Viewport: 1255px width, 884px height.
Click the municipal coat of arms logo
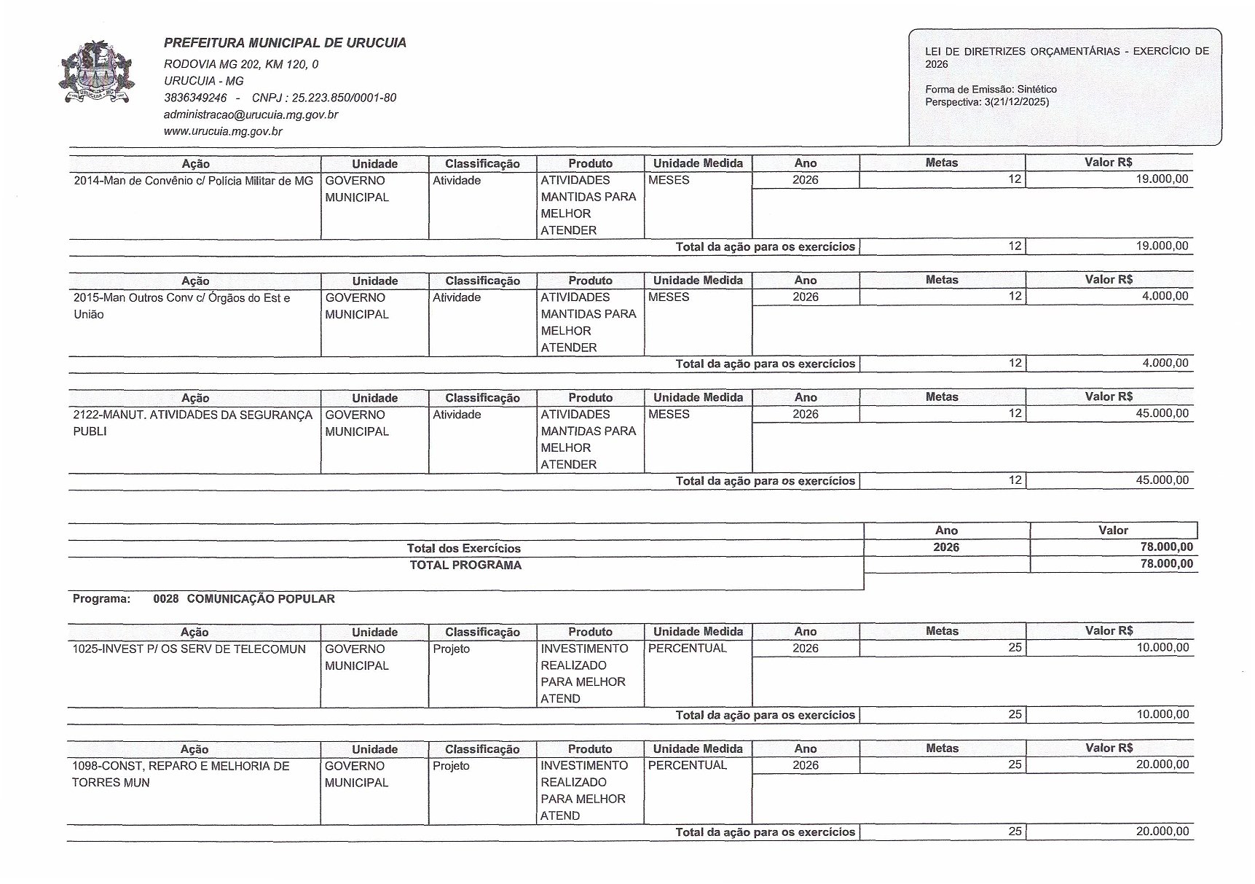[97, 74]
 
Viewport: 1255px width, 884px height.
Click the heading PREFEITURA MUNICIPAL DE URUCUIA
[285, 43]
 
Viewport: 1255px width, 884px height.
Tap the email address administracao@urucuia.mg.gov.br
[251, 114]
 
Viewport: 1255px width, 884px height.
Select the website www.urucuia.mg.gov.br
[223, 131]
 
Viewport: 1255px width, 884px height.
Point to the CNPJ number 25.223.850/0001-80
[344, 98]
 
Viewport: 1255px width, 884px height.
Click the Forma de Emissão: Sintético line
[991, 89]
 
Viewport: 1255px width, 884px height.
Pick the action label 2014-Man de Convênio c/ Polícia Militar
[193, 181]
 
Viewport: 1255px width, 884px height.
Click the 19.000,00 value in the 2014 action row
[1162, 179]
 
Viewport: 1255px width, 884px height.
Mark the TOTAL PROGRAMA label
[465, 565]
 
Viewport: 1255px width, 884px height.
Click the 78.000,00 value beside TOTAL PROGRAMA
[1166, 563]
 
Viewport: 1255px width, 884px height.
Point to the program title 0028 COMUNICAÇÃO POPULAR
[244, 599]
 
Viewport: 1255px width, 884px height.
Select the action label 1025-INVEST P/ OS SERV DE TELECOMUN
[189, 649]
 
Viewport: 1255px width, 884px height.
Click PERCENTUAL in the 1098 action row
[687, 765]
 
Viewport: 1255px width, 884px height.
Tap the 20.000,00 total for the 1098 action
[1162, 832]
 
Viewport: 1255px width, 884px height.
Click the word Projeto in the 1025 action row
[451, 649]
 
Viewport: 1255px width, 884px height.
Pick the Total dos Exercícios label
[464, 548]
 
